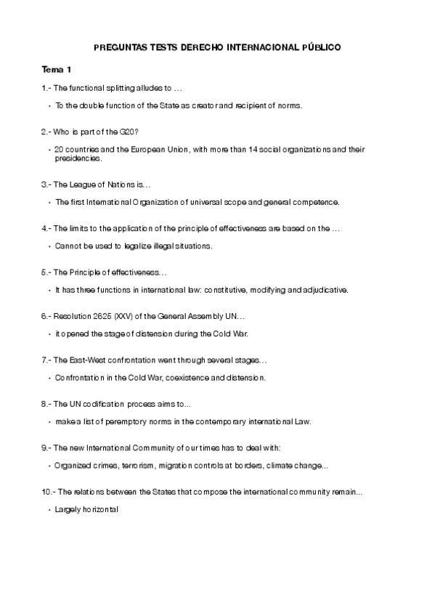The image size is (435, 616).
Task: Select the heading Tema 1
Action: (x=57, y=70)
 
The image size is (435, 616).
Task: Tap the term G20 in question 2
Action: (x=130, y=131)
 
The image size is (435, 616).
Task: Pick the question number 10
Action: (x=47, y=493)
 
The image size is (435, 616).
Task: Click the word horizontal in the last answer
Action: (x=97, y=510)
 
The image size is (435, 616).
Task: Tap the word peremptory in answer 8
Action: (x=138, y=421)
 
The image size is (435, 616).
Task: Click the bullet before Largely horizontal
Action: (x=49, y=510)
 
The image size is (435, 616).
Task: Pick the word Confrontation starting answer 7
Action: (x=81, y=378)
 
